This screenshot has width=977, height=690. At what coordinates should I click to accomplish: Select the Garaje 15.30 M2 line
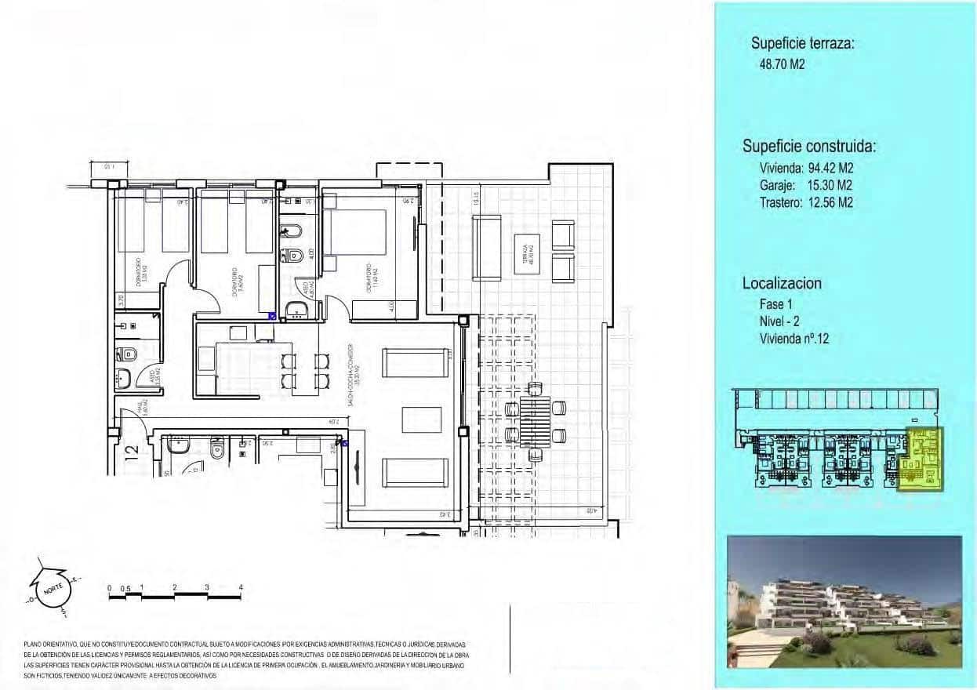[805, 185]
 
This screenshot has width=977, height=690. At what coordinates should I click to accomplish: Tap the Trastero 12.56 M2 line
[805, 202]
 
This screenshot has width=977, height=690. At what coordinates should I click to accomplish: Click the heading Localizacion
[782, 284]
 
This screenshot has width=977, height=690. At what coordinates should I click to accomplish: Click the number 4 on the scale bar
[242, 586]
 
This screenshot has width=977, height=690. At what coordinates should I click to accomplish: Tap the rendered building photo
[844, 602]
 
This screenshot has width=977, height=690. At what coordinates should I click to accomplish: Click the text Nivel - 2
[784, 321]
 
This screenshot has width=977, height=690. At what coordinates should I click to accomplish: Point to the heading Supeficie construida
[809, 147]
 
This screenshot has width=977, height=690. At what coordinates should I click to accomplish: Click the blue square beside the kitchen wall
[272, 317]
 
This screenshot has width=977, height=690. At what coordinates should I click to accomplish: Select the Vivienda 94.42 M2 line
[805, 168]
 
